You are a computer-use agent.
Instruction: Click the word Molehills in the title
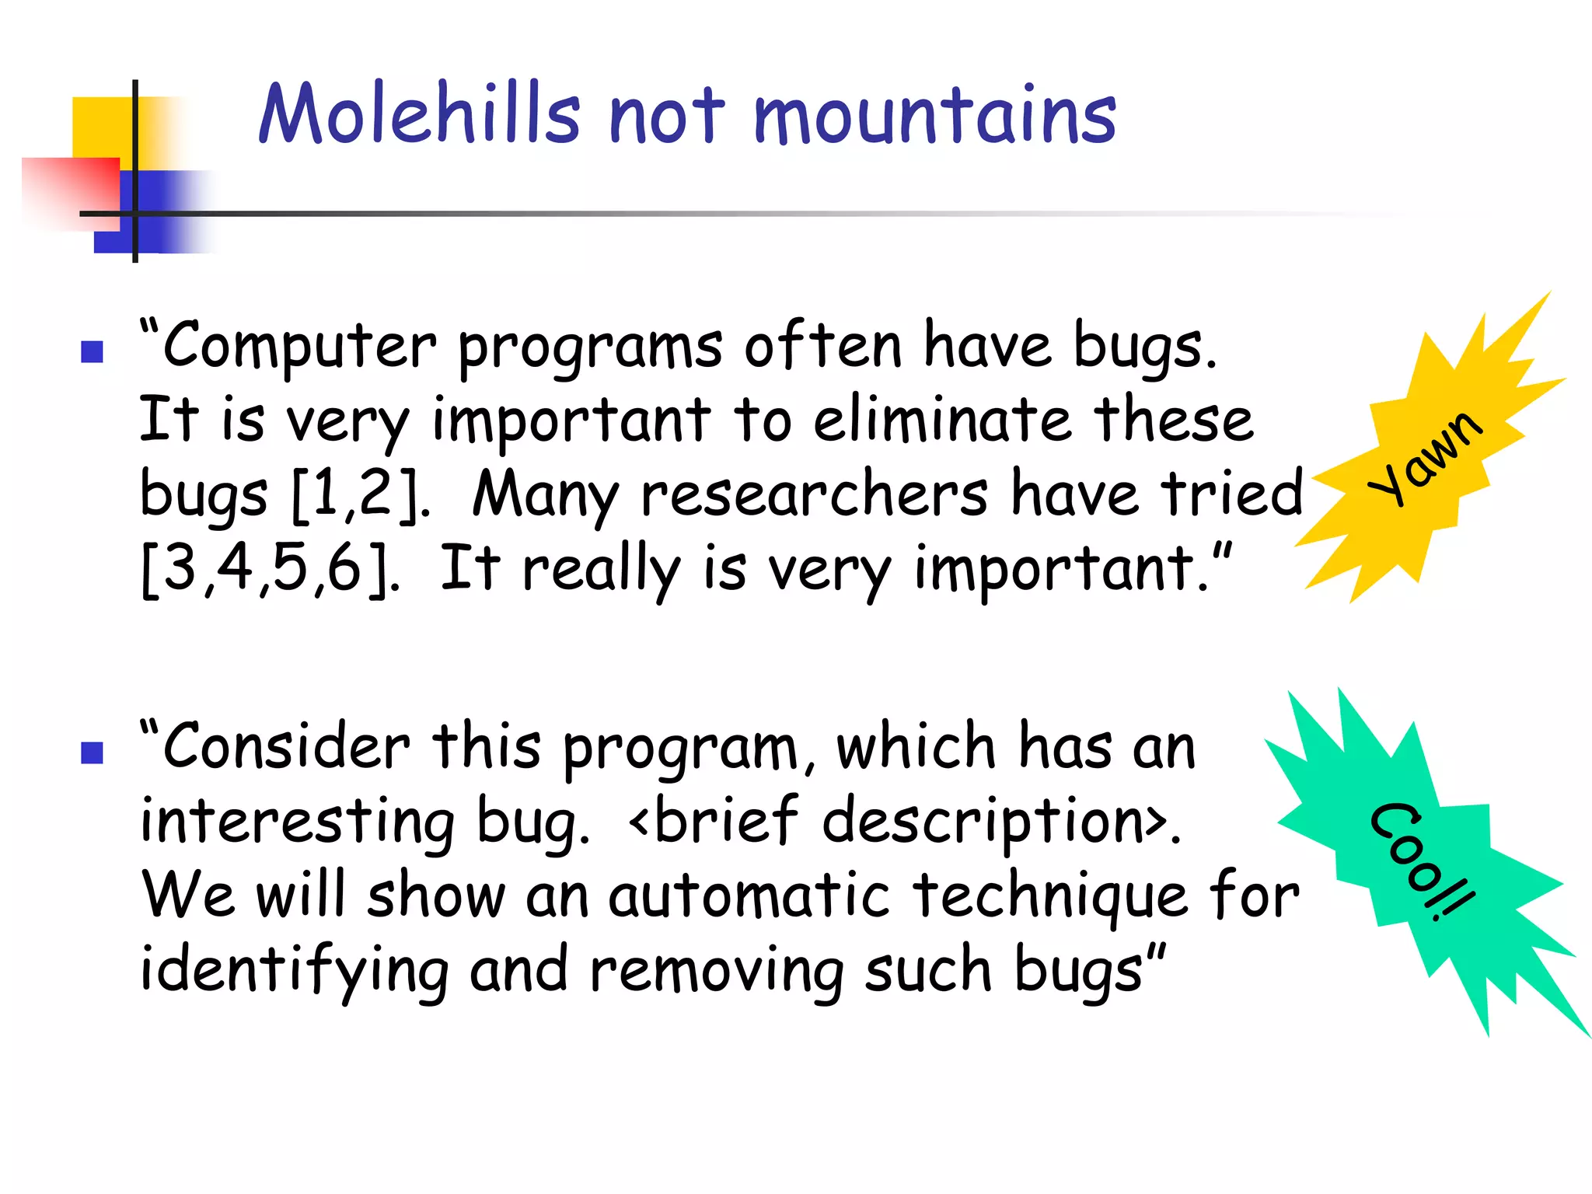[x=420, y=115]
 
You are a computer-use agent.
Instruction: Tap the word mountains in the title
[x=934, y=117]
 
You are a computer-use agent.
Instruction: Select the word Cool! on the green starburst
[x=1422, y=861]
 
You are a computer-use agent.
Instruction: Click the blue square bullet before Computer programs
[x=92, y=352]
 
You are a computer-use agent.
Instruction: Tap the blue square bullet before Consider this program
[x=92, y=752]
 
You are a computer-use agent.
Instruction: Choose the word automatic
[x=748, y=896]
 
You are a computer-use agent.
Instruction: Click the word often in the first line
[x=822, y=345]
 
